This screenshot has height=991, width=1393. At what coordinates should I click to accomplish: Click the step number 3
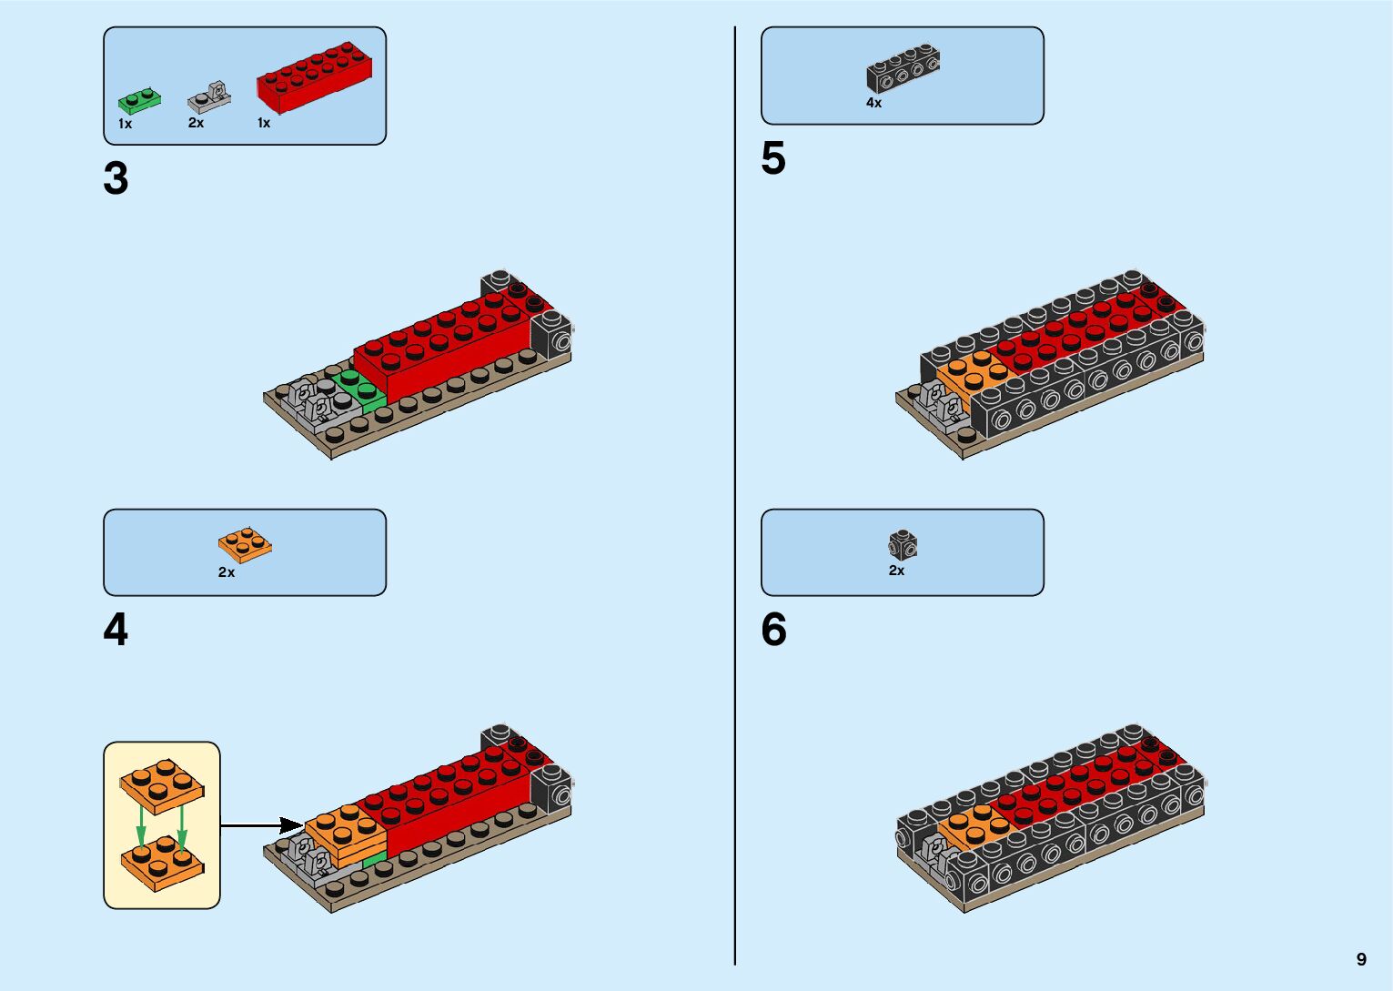coord(116,179)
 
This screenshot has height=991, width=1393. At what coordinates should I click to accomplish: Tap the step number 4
coord(116,630)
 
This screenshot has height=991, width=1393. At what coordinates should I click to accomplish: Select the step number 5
coord(773,159)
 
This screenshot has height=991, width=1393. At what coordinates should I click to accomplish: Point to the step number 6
coord(773,630)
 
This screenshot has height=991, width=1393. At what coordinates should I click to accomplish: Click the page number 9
coord(1361,959)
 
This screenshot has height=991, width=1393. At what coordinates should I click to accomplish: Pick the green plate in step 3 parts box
coord(139,101)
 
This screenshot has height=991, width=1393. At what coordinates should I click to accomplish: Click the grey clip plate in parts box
coord(210,96)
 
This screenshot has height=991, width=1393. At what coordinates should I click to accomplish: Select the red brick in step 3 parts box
coord(314,77)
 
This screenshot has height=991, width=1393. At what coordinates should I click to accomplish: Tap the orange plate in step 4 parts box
coord(245,543)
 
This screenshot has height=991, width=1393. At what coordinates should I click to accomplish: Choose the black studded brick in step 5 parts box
coord(903,68)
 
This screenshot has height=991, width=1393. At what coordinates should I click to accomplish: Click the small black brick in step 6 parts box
coord(903,545)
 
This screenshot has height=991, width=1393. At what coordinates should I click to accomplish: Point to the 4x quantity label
coord(873,104)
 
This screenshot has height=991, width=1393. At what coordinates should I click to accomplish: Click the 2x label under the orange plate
coord(227,572)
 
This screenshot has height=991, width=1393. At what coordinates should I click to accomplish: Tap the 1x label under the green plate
coord(125,124)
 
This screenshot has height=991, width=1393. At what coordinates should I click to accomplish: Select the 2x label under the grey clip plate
coord(196,123)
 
